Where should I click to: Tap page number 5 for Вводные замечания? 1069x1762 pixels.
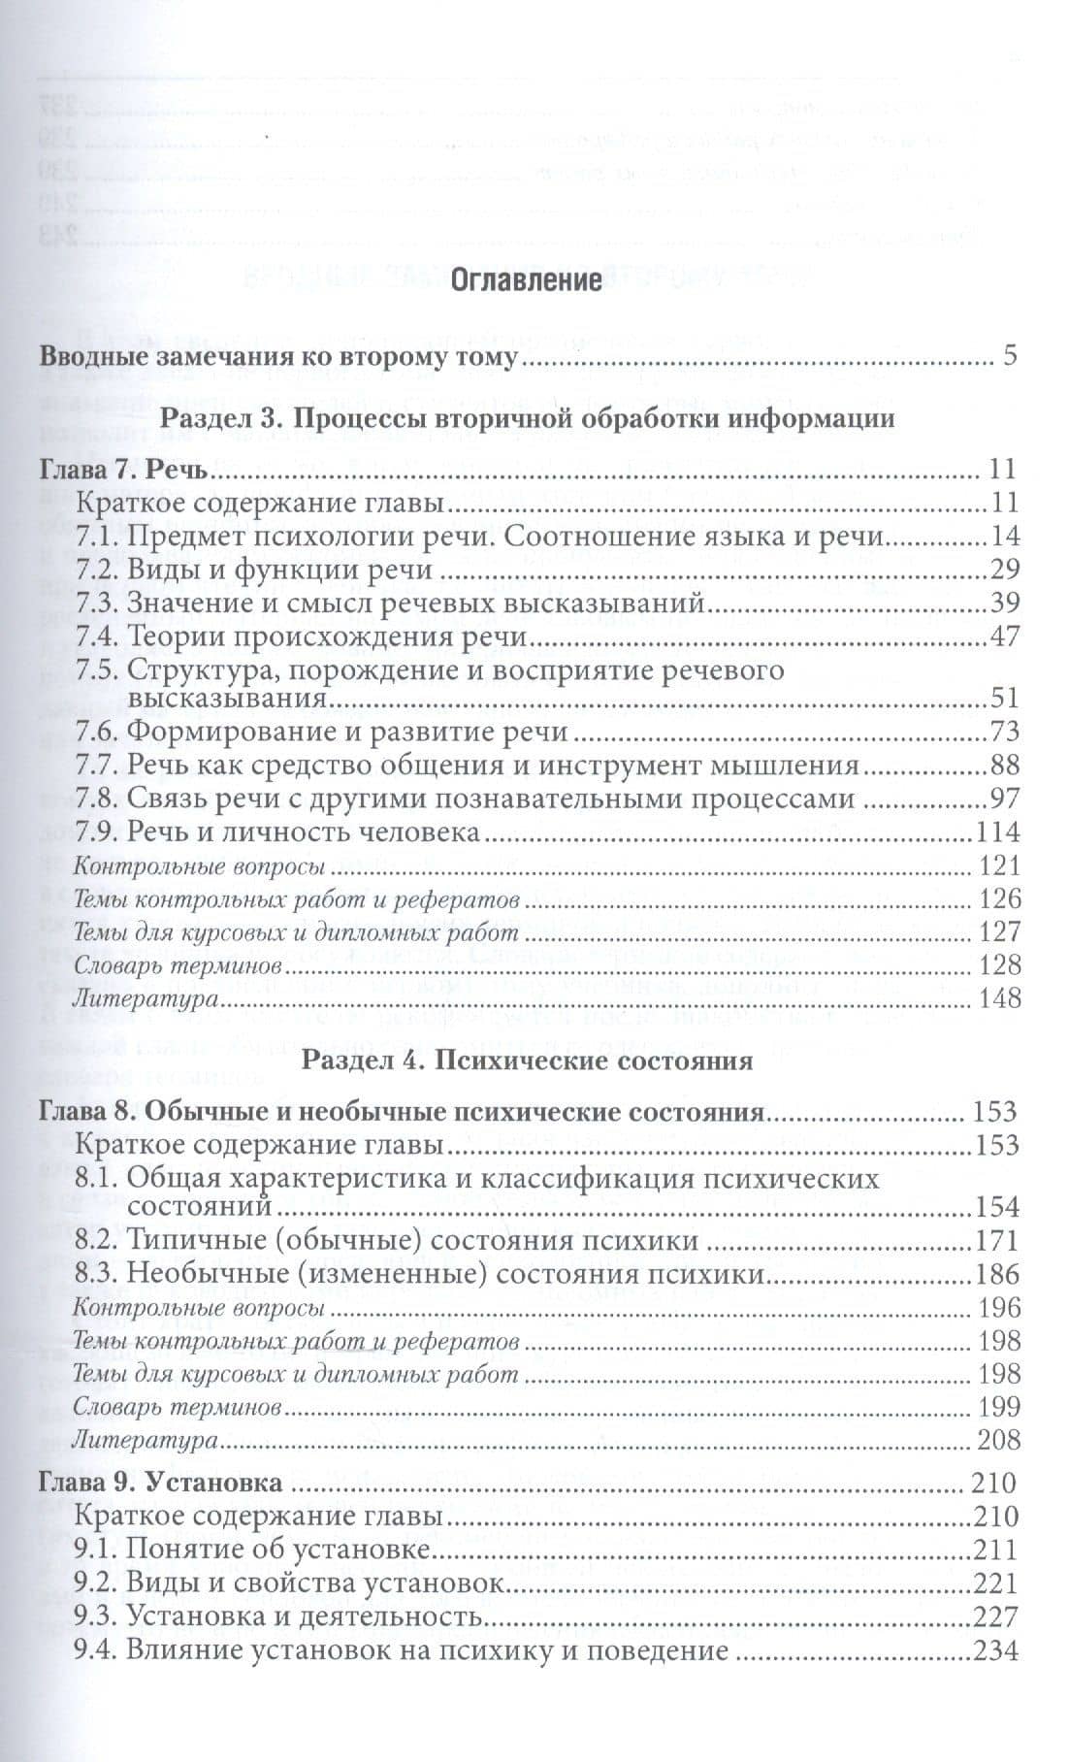[1009, 355]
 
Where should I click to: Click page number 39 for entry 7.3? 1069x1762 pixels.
[1003, 603]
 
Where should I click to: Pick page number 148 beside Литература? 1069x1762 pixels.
[1000, 996]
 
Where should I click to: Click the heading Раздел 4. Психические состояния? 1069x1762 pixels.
[528, 1060]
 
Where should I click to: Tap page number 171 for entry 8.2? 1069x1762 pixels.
[998, 1240]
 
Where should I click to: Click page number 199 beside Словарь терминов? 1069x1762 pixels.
[1000, 1406]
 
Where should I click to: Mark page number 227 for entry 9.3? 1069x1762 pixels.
[998, 1616]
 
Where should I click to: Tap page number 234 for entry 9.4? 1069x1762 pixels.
[998, 1649]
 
